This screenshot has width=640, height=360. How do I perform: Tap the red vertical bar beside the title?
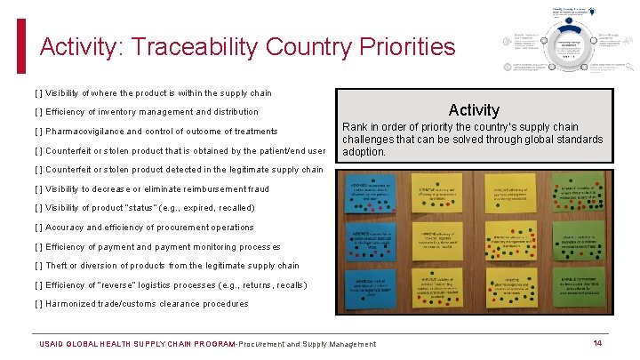click(x=22, y=45)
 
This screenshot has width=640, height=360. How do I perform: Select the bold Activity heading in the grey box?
click(x=474, y=110)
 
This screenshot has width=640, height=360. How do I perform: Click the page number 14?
click(x=597, y=343)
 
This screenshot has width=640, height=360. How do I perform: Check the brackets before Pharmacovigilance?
click(x=38, y=132)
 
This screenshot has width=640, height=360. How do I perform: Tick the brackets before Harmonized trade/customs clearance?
click(x=38, y=304)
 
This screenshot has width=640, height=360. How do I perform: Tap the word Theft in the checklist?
click(x=57, y=266)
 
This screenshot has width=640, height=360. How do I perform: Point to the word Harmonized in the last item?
click(x=73, y=304)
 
